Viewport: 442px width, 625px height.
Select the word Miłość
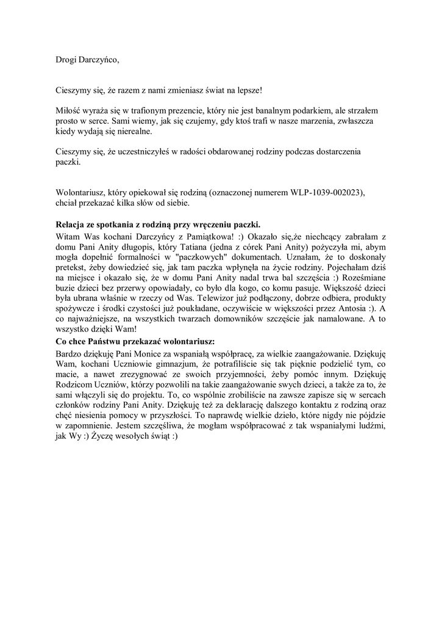[68, 110]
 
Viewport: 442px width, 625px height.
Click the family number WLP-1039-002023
[327, 192]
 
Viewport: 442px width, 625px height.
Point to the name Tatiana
[193, 247]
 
